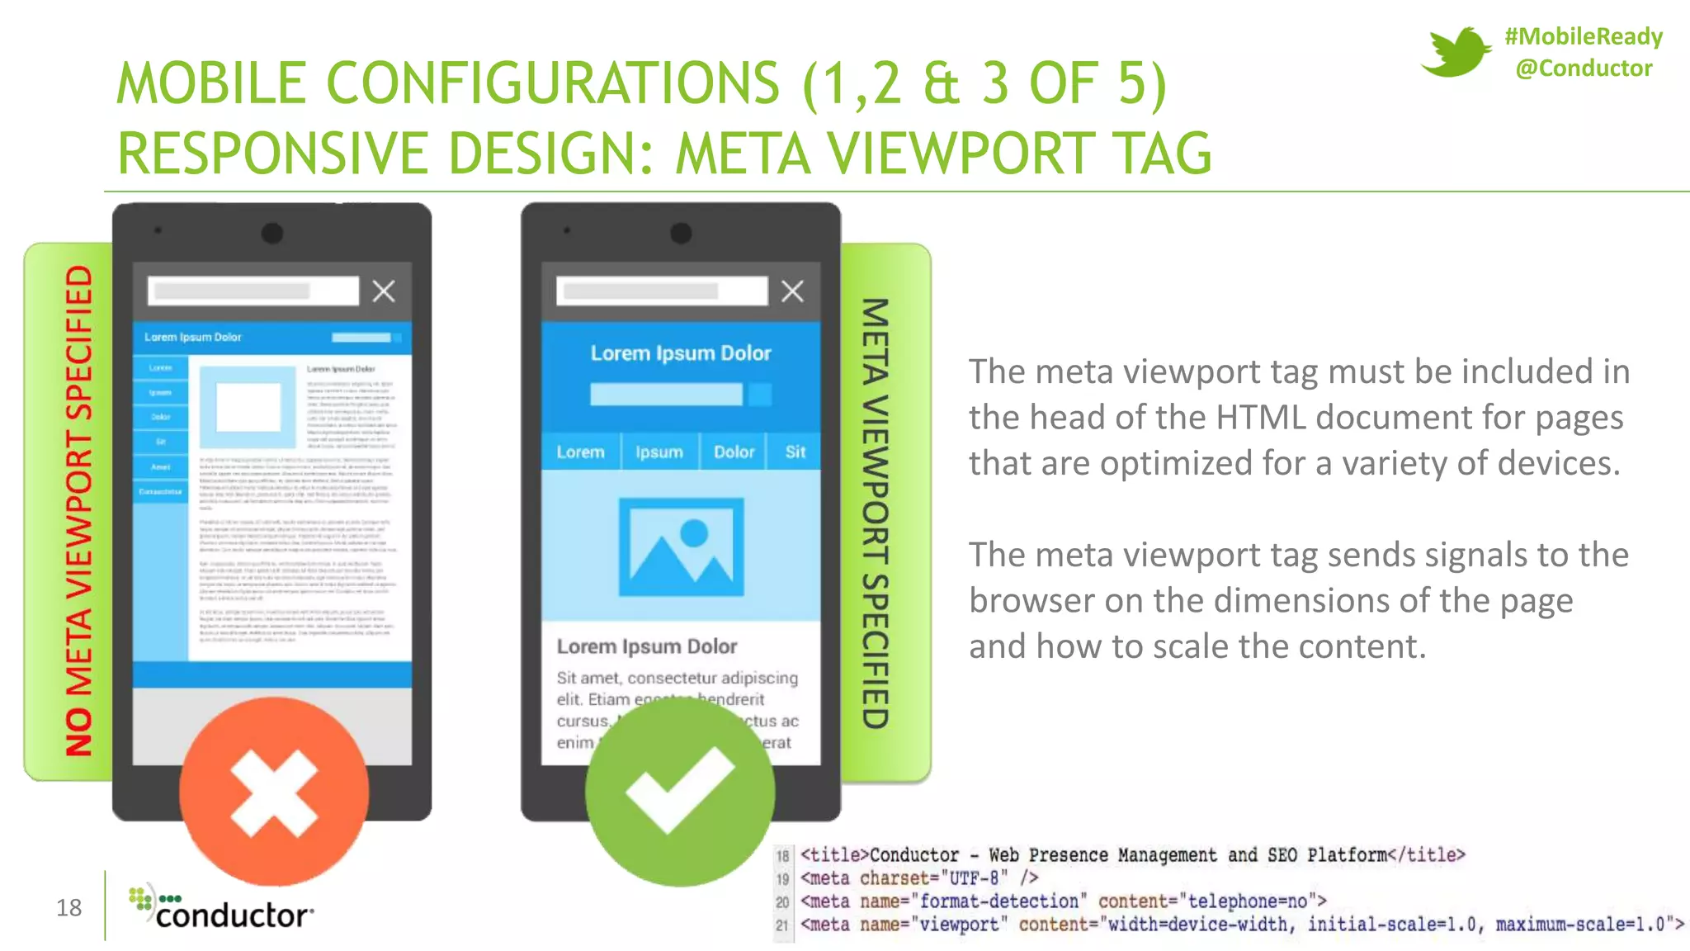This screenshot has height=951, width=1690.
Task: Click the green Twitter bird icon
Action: (x=1454, y=52)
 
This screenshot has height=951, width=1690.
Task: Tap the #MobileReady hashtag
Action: (x=1583, y=36)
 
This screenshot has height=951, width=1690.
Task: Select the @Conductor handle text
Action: (x=1583, y=69)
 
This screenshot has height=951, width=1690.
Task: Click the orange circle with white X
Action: (x=274, y=791)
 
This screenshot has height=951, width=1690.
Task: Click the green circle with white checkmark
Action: (x=680, y=791)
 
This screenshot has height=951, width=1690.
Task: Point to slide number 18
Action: (x=68, y=908)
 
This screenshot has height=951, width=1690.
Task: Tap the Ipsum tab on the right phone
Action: (x=659, y=452)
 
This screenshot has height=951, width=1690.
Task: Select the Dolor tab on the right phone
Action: (x=734, y=452)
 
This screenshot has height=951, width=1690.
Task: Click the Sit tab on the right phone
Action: (x=795, y=452)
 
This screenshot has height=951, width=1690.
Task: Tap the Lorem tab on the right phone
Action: (x=580, y=452)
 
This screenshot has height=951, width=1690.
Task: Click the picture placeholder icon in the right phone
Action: (x=681, y=546)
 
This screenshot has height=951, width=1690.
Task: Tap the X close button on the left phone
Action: (x=384, y=291)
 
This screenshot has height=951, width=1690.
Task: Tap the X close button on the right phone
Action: (x=792, y=291)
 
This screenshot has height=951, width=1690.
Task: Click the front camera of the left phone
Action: (x=272, y=234)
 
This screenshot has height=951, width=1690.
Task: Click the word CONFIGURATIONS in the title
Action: (x=553, y=83)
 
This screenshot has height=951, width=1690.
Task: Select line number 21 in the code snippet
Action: (x=782, y=925)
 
